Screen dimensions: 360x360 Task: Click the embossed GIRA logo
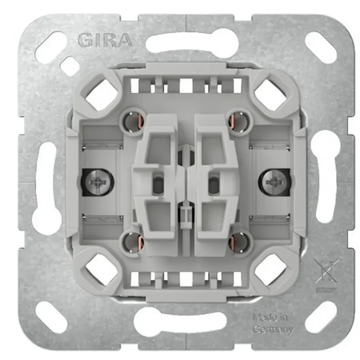pos(105,41)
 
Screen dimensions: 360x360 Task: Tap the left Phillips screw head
pos(98,182)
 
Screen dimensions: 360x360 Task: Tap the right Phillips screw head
pos(272,182)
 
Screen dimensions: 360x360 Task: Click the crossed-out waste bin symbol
pos(326,272)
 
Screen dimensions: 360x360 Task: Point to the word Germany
pos(273,329)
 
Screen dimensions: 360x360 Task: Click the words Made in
pos(270,317)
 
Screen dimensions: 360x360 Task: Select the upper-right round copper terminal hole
pos(240,121)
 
